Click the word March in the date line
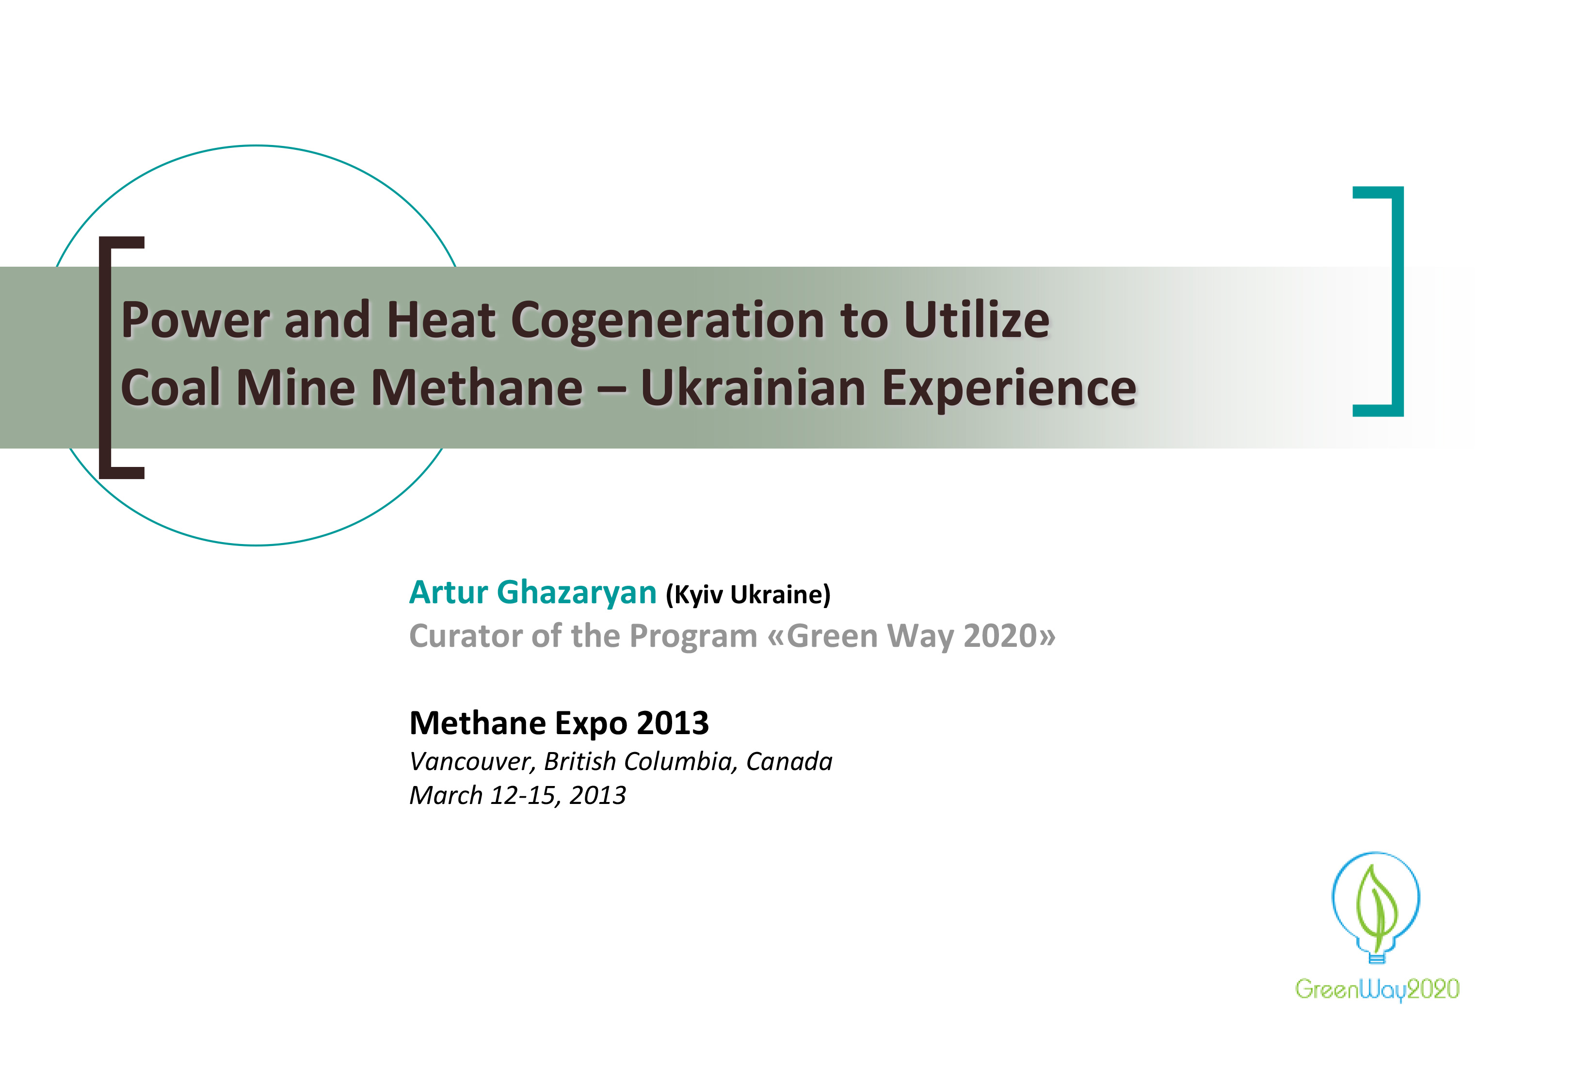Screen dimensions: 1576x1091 pos(446,796)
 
